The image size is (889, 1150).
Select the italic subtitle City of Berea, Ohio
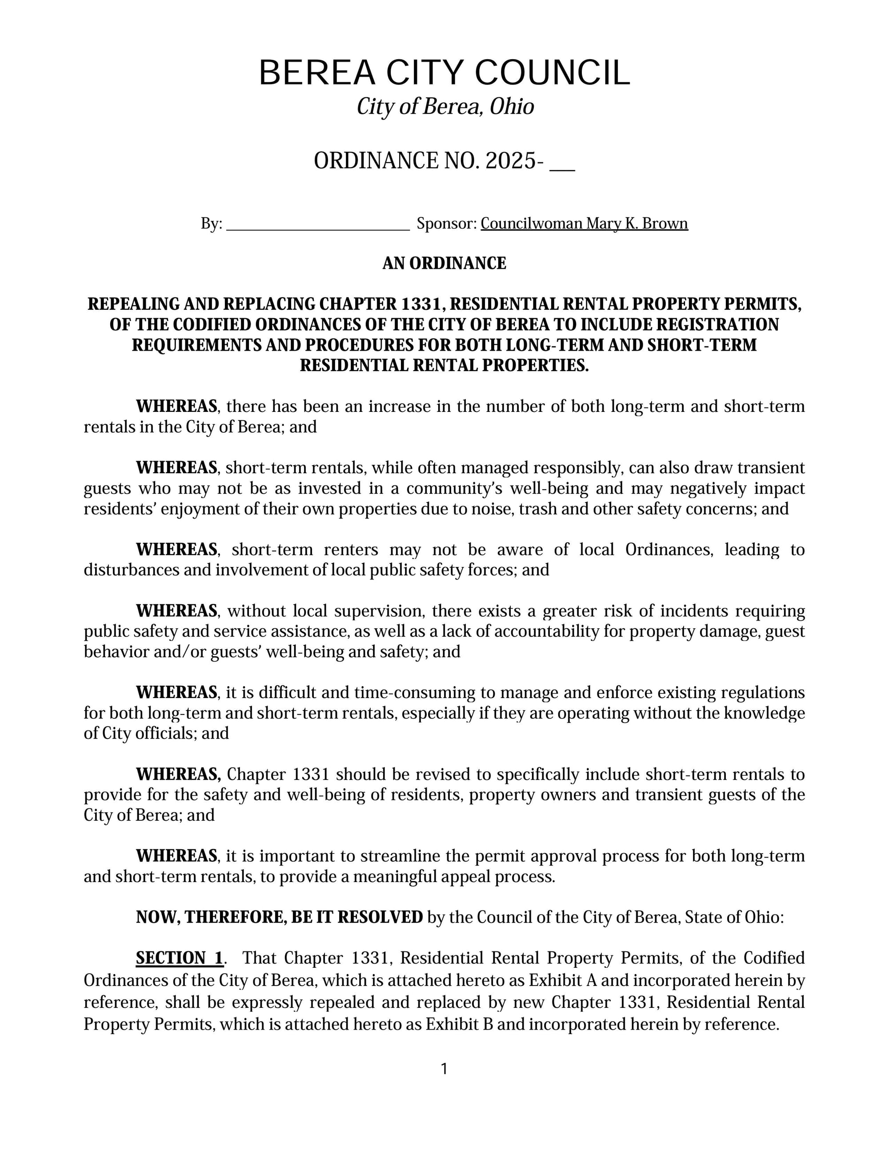pos(445,107)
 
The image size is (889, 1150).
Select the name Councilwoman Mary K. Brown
pos(584,224)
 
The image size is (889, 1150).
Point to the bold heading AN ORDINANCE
pos(444,263)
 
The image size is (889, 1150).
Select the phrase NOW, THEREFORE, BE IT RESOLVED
pos(279,917)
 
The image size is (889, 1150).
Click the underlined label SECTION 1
pos(180,958)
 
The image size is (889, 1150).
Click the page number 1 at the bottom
pos(444,1069)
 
